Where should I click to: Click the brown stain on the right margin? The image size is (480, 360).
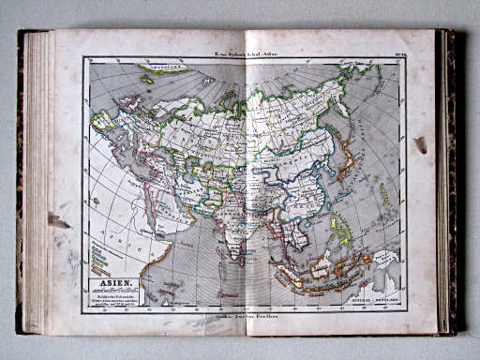(x=420, y=144)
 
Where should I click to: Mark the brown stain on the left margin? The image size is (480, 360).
(x=59, y=221)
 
